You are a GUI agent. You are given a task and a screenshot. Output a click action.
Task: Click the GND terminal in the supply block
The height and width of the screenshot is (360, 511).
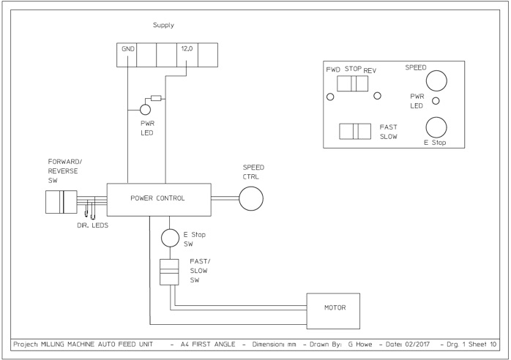point(127,55)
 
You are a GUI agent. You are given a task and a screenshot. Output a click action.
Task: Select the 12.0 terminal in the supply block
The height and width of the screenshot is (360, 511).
point(187,55)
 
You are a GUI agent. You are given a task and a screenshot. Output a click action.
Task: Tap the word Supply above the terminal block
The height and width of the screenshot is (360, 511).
point(163,25)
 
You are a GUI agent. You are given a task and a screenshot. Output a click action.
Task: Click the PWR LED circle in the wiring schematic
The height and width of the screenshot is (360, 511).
point(146,110)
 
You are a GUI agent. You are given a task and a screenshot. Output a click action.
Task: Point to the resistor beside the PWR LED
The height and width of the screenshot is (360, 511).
point(156,98)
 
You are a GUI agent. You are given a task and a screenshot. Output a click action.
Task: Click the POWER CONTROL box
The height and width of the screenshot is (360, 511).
point(159,200)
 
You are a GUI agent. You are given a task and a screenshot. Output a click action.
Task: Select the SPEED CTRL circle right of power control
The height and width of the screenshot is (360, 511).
point(251,198)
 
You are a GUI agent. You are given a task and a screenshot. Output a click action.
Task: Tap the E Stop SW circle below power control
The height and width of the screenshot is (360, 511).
point(170,238)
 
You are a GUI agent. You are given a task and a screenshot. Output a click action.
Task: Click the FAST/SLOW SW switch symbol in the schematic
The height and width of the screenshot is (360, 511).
point(169,272)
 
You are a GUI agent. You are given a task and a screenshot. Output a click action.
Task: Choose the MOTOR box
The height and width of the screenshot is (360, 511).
point(333,311)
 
